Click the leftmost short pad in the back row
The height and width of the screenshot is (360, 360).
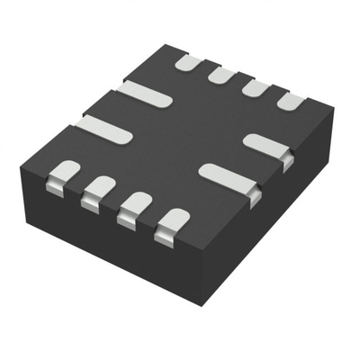click(188, 63)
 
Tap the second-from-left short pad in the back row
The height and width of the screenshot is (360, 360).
click(221, 75)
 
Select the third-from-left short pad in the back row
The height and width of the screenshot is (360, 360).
click(256, 88)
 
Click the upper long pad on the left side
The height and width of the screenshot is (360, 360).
click(144, 91)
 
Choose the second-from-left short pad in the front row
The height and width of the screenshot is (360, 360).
click(97, 190)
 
